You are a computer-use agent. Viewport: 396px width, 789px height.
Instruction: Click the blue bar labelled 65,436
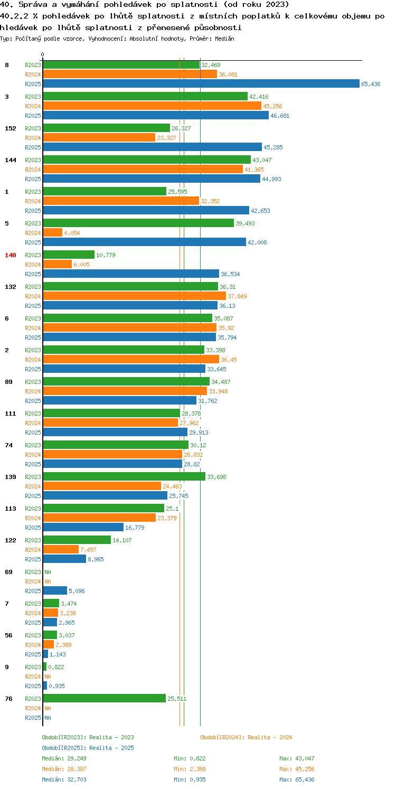[x=201, y=83]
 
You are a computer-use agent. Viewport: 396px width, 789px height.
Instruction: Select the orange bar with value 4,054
[x=52, y=232]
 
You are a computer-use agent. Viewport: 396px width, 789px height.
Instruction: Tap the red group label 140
[x=11, y=255]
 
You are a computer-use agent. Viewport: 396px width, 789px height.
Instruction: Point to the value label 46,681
[x=280, y=116]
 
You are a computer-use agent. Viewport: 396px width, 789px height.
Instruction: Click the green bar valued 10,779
[x=69, y=255]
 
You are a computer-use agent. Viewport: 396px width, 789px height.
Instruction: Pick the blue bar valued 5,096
[x=55, y=590]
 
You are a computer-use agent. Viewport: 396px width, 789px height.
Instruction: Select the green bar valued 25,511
[x=105, y=698]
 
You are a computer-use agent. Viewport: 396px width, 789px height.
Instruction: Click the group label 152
[x=11, y=128]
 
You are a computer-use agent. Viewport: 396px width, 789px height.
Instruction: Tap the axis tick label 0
[x=42, y=54]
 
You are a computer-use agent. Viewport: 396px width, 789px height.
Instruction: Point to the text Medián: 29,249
[x=64, y=758]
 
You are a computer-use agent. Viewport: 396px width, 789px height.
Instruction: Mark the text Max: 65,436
[x=297, y=779]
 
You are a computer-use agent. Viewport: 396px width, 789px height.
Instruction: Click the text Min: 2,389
[x=190, y=769]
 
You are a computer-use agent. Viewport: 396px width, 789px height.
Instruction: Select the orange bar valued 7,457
[x=61, y=549]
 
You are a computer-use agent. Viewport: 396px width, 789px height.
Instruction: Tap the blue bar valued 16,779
[x=83, y=527]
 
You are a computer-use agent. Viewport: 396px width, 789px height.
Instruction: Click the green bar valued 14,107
[x=77, y=540]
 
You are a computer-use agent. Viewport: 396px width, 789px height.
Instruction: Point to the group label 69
[x=8, y=572]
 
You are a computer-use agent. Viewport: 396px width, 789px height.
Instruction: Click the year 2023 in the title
[x=275, y=5]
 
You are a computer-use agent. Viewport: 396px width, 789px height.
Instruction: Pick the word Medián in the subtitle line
[x=224, y=39]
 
